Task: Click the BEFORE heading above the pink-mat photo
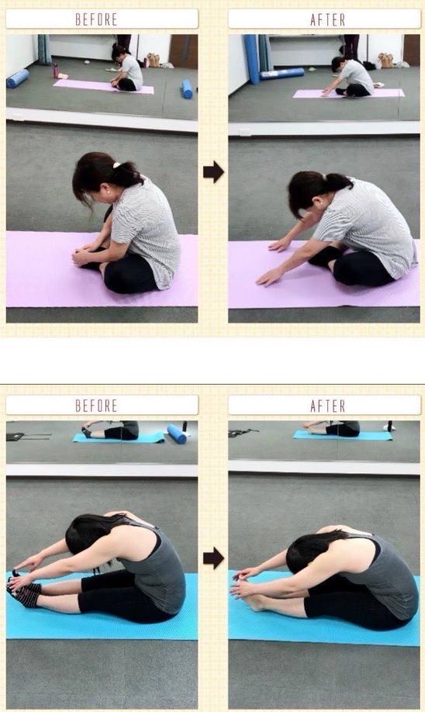point(96,19)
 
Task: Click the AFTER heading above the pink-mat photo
point(327,19)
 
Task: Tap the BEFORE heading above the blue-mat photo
point(96,406)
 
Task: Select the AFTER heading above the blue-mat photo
point(327,406)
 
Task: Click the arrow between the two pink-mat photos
point(213,172)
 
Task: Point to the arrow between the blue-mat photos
point(213,558)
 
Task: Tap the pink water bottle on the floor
point(56,71)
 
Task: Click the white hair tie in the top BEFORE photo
point(116,166)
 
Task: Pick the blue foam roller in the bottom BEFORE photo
point(177,434)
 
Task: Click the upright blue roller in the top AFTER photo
point(251,59)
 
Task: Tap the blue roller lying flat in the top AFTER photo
point(282,74)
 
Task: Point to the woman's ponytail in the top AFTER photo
point(338,182)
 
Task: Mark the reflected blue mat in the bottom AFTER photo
point(343,435)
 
